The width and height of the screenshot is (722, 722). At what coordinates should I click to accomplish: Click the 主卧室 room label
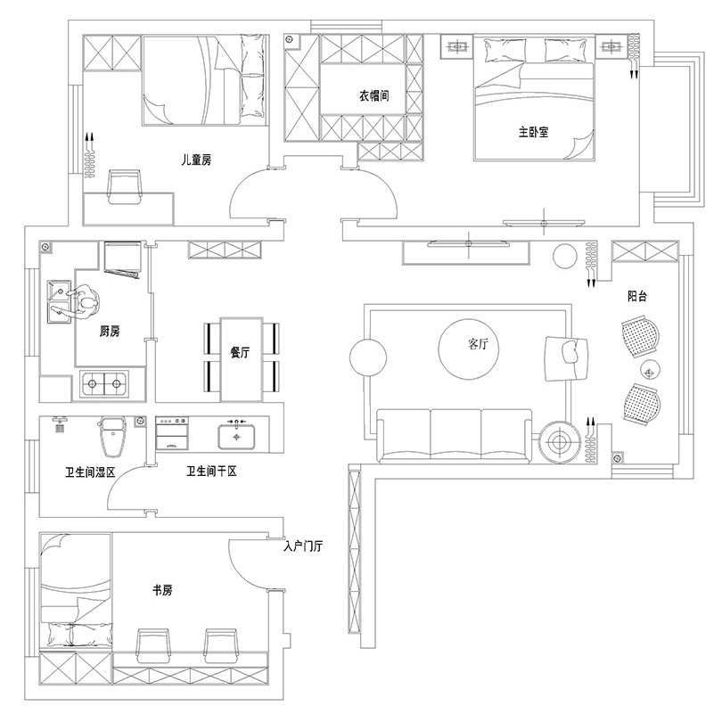tap(533, 132)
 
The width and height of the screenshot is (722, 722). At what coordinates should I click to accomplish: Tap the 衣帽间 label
tap(373, 95)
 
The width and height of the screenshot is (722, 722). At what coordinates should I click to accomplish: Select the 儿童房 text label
tap(196, 160)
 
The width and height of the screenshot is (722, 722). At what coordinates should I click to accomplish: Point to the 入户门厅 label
tap(303, 546)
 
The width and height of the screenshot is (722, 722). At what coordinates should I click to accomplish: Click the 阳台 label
tap(637, 296)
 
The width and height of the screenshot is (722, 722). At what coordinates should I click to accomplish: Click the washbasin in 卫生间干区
tap(236, 436)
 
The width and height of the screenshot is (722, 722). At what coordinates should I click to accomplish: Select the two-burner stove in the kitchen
tap(104, 383)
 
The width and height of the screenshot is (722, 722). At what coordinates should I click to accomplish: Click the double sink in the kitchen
tap(60, 302)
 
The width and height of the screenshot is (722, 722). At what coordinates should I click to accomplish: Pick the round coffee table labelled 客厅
tap(468, 349)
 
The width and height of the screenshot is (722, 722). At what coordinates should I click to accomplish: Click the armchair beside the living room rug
tap(565, 358)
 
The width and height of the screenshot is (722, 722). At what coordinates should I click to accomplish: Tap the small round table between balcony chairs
tap(650, 370)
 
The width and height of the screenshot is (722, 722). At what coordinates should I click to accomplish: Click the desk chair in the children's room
tap(124, 186)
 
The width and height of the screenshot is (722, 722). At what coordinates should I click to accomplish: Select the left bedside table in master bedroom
tap(456, 46)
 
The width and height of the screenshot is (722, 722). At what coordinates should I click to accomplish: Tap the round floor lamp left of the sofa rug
tap(368, 357)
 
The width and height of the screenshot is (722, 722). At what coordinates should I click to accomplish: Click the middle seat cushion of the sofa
tap(455, 434)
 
